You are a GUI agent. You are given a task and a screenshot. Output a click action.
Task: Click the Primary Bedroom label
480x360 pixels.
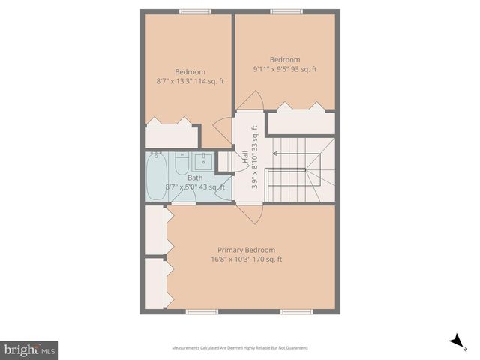click(x=246, y=250)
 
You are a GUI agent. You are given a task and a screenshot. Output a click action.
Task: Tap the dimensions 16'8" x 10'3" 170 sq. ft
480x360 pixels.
click(x=246, y=259)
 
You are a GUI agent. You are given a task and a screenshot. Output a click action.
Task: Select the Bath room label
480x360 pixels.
click(x=195, y=178)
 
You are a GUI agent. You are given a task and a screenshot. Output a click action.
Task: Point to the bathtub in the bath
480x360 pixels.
click(x=157, y=176)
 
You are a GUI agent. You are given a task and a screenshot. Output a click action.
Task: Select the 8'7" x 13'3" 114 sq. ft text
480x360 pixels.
click(x=190, y=81)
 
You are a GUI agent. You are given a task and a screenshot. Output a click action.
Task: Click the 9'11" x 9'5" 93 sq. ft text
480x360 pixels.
click(x=285, y=69)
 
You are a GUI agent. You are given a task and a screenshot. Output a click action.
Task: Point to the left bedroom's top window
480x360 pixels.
click(x=195, y=10)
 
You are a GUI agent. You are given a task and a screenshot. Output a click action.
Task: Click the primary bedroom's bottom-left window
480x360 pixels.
click(x=202, y=311)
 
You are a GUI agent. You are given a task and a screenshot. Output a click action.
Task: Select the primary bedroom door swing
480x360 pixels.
click(x=250, y=212)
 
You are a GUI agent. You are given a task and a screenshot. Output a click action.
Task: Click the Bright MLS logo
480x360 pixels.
click(x=29, y=349)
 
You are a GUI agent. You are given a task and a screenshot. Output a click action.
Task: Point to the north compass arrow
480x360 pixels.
click(x=455, y=341)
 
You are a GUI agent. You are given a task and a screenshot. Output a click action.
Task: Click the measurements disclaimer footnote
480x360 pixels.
click(x=240, y=347)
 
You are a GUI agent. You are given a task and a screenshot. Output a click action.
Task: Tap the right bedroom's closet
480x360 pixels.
click(x=301, y=123)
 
